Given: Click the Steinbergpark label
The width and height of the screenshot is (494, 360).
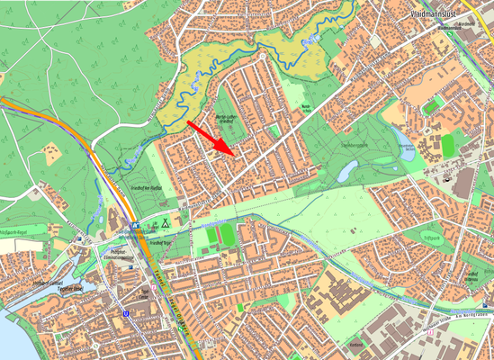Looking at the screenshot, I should (x=353, y=144).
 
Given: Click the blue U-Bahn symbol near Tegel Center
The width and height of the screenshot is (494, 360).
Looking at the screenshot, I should (x=127, y=313).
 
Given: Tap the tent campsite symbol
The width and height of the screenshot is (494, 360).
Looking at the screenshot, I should (x=166, y=220).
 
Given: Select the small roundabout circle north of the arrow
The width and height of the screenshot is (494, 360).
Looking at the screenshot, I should (x=261, y=56).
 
